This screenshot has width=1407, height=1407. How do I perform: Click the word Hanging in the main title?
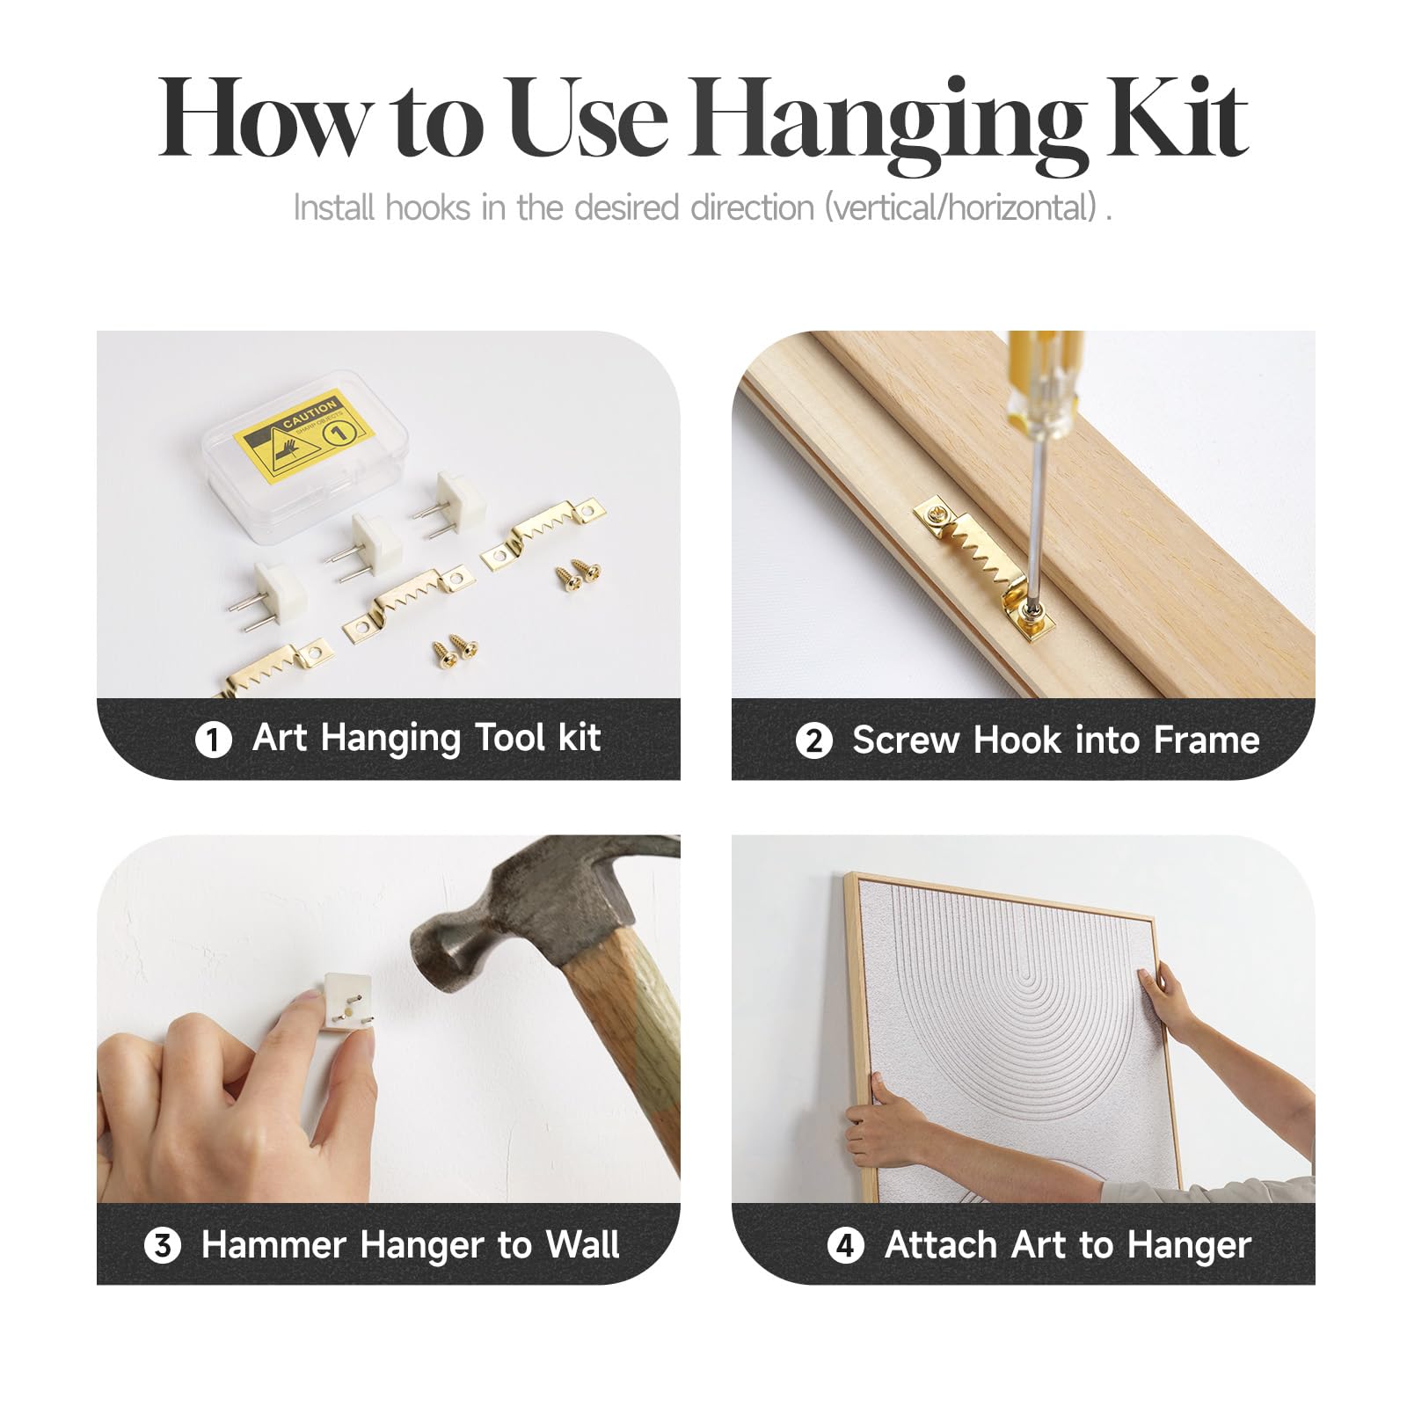pos(887,123)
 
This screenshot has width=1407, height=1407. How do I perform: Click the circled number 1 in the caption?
pos(213,740)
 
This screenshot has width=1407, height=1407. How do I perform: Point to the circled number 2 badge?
pos(813,740)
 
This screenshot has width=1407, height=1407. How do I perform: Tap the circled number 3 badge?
pos(163,1245)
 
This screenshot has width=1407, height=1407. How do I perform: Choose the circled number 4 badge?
pos(846,1245)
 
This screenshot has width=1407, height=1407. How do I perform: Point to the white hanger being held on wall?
pos(347,1002)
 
